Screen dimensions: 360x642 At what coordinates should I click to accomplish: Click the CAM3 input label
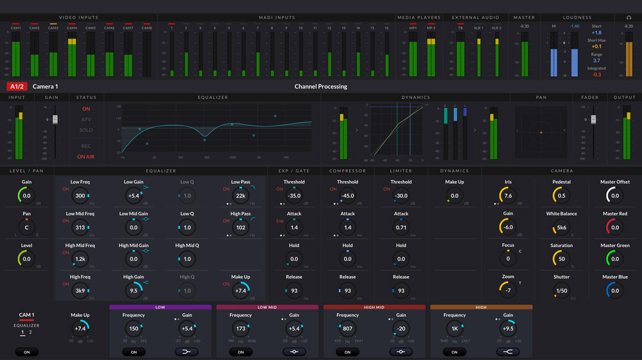pos(53,28)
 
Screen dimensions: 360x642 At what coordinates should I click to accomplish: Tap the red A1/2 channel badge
pos(17,87)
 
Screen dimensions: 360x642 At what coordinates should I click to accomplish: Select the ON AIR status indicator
pos(86,157)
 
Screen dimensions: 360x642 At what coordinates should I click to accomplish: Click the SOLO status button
pos(86,130)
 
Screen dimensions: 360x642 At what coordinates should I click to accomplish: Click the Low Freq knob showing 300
pos(80,196)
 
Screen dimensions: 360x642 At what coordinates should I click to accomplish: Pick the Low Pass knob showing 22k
pos(241,196)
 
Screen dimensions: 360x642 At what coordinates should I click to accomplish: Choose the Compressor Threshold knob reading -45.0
pos(347,196)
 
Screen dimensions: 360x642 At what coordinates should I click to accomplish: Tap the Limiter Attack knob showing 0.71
pos(401,227)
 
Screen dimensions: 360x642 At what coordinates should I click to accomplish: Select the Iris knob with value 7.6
pos(508,196)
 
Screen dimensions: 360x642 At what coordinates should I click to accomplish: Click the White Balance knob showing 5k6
pos(562,227)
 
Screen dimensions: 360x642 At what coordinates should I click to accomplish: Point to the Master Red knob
pos(615,227)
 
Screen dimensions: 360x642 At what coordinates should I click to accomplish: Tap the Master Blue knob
pos(615,291)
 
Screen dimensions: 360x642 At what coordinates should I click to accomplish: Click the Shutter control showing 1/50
pos(562,291)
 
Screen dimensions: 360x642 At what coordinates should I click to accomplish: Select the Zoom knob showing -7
pos(508,291)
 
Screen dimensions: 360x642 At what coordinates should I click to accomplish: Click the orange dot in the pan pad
pos(541,132)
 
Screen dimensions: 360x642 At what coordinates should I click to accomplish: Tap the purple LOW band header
pos(160,307)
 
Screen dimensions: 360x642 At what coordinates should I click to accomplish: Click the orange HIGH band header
pos(481,307)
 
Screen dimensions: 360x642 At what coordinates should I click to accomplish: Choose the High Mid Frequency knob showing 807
pos(347,329)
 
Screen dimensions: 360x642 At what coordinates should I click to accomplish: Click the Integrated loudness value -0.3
pos(596,75)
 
